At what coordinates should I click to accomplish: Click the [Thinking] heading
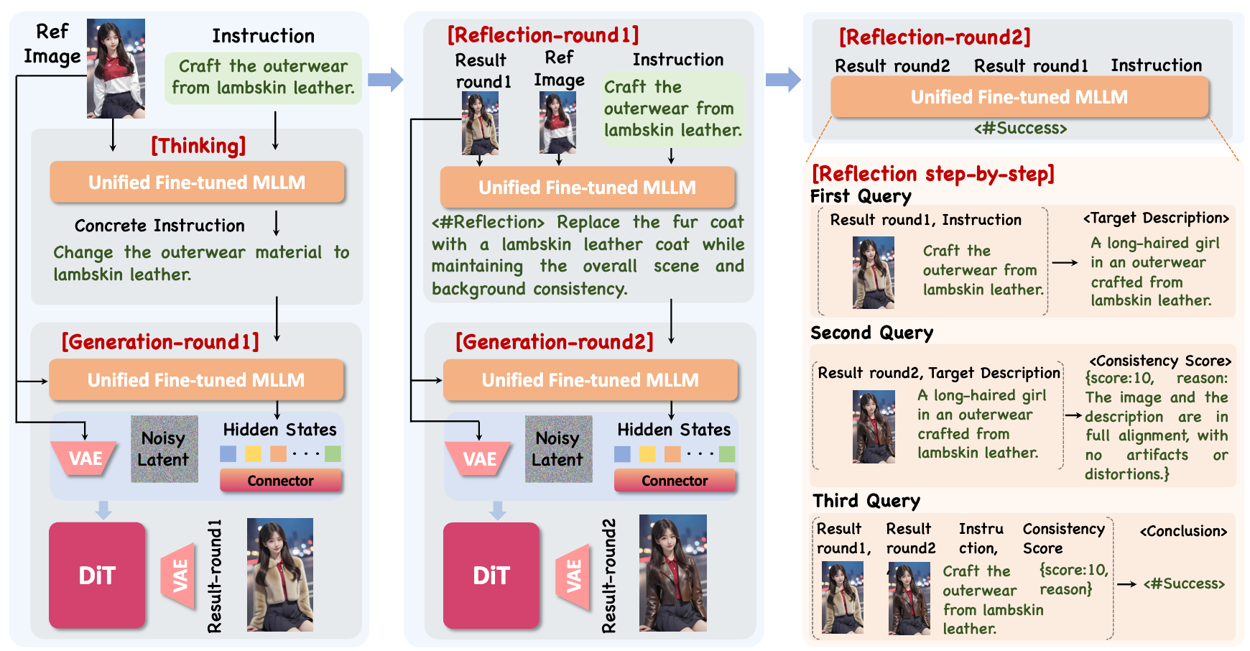(x=198, y=146)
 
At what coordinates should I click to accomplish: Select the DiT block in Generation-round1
(x=97, y=575)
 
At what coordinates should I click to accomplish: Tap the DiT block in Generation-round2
(x=491, y=575)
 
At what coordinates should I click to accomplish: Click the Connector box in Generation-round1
(x=280, y=481)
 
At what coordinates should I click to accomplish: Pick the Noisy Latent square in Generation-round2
(x=558, y=449)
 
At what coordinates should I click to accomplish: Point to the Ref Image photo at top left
(x=116, y=68)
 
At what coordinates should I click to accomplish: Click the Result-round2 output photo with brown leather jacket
(x=672, y=573)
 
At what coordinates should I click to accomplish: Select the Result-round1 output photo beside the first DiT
(x=279, y=574)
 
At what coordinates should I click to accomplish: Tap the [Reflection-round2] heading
(x=935, y=37)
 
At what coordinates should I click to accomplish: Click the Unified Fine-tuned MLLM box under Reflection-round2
(x=1019, y=97)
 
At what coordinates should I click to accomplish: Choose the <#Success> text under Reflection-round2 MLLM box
(x=1020, y=129)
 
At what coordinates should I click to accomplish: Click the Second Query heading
(x=871, y=333)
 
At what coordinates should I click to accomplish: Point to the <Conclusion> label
(x=1183, y=531)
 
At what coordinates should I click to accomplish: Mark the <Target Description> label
(x=1156, y=218)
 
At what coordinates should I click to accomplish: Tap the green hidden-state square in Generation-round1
(x=333, y=453)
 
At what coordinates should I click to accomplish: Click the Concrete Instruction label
(x=159, y=226)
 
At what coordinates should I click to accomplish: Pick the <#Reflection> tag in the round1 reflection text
(x=488, y=222)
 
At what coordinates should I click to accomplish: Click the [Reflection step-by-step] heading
(x=932, y=174)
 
